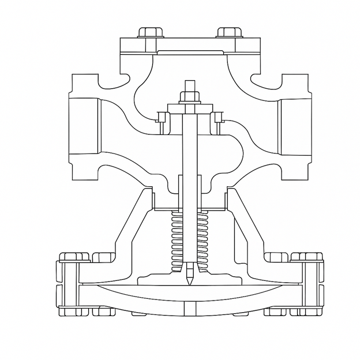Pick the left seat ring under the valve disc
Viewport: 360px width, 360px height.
coord(162,118)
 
